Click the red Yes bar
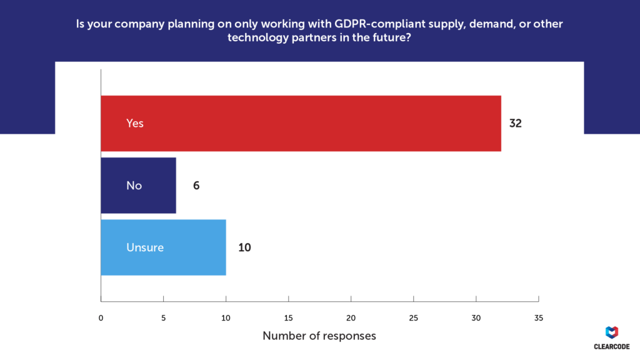pyautogui.click(x=301, y=123)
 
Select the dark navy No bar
pyautogui.click(x=138, y=185)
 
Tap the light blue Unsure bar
pyautogui.click(x=163, y=247)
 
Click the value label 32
pyautogui.click(x=515, y=123)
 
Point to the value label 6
pyautogui.click(x=196, y=186)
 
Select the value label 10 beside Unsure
pyautogui.click(x=244, y=247)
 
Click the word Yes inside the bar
pyautogui.click(x=135, y=123)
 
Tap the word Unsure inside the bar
pyautogui.click(x=145, y=247)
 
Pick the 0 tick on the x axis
pyautogui.click(x=101, y=317)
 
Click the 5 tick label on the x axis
pyautogui.click(x=163, y=317)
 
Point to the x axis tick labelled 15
pyautogui.click(x=288, y=317)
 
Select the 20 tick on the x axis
pyautogui.click(x=351, y=317)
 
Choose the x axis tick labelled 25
pyautogui.click(x=413, y=317)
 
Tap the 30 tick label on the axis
pyautogui.click(x=476, y=317)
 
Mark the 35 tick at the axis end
pyautogui.click(x=538, y=317)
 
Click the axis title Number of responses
pyautogui.click(x=319, y=336)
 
